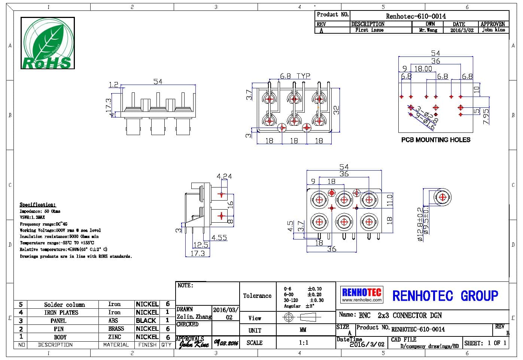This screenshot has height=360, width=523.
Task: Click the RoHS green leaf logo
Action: pos(47,43)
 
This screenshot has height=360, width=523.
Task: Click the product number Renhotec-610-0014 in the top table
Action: pos(416,16)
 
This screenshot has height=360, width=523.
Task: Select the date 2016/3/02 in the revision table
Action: pos(462,30)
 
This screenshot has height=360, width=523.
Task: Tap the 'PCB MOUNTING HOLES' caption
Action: pos(435,140)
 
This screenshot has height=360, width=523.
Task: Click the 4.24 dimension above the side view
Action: pos(224,176)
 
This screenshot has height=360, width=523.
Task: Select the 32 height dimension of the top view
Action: pos(336,110)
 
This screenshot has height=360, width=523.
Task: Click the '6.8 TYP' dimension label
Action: pos(295,76)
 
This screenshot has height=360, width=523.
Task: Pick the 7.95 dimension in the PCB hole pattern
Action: pos(486,116)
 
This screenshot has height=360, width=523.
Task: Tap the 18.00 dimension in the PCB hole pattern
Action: pos(423,68)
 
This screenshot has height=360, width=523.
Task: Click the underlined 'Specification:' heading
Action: pos(37,205)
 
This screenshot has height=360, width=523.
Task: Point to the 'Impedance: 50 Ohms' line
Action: pos(40,211)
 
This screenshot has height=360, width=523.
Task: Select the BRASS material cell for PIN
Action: pos(116,329)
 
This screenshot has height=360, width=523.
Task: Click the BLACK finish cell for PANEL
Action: pos(146,321)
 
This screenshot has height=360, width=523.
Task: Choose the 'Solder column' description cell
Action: pos(64,305)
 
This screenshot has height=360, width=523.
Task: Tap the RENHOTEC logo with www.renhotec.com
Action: pos(362,295)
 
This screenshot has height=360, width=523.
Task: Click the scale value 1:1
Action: pos(303,342)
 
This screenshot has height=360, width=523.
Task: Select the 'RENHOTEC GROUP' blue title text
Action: pos(445,296)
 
